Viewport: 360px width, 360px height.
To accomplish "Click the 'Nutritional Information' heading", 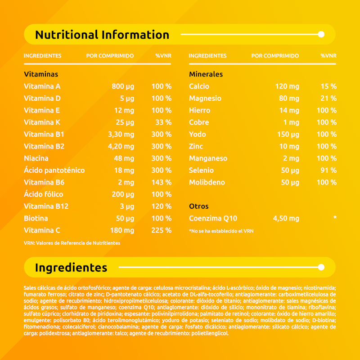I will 102,35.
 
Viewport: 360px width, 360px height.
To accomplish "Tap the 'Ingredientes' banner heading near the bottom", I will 71,268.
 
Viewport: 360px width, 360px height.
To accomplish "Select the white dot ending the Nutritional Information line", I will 321,34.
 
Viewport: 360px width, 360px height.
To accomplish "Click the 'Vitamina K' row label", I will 42,122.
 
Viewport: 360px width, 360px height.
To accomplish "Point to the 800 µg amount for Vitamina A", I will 123,86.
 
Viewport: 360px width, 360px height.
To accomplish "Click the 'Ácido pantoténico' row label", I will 54,170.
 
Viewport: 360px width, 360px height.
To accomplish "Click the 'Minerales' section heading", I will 206,74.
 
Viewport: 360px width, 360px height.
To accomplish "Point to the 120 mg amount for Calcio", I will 288,86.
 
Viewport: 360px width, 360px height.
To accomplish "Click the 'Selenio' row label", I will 201,170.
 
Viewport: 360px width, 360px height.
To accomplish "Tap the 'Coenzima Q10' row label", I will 213,218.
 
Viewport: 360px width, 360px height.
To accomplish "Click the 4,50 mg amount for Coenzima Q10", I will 286,218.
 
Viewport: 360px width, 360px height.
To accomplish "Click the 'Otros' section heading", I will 198,206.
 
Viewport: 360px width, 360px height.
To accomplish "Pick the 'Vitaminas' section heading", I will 41,74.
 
